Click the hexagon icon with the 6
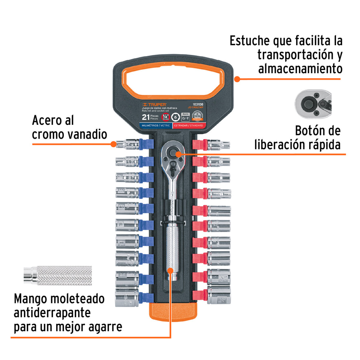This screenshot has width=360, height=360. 176,117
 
